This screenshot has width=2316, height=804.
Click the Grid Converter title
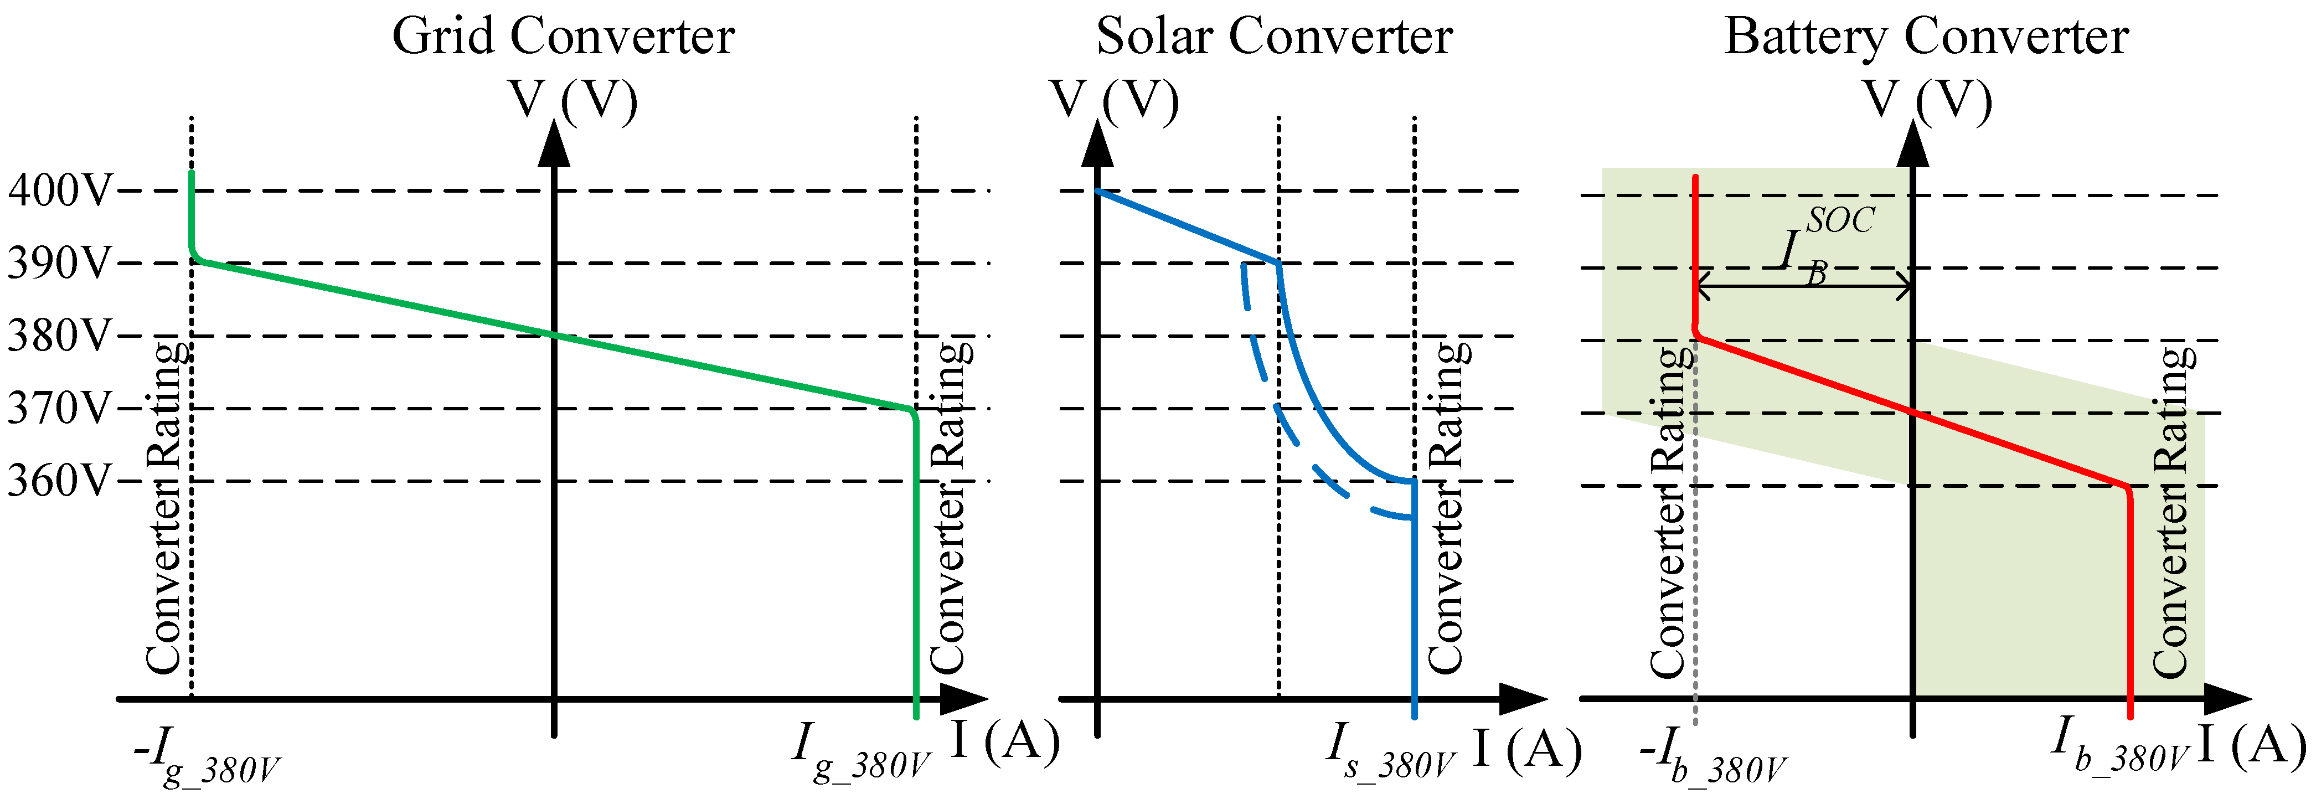(563, 38)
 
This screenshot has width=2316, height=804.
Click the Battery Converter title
(1926, 38)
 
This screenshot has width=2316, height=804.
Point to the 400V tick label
(59, 190)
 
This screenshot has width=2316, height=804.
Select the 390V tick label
(59, 264)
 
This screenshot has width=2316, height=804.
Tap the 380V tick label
(59, 336)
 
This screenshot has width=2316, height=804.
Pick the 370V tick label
(59, 409)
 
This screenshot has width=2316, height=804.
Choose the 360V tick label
(59, 481)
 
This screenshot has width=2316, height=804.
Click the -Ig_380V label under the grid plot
(207, 755)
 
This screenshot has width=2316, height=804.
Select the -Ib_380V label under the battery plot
(1713, 755)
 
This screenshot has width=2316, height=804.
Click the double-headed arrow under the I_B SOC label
(1803, 288)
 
